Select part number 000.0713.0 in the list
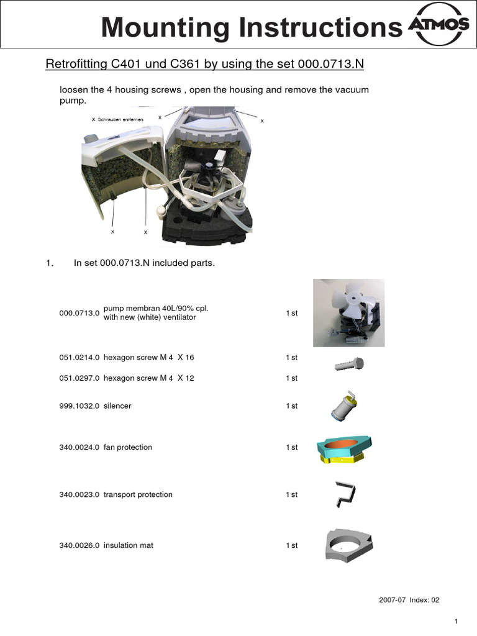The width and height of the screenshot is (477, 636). coord(79,314)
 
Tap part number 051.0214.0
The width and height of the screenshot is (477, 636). coord(79,358)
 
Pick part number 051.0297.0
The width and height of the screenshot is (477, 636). coord(79,378)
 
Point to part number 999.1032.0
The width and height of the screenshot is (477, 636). coord(79,406)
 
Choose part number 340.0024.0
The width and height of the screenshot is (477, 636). coord(79,447)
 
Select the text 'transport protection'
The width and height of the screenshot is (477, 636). coord(138,494)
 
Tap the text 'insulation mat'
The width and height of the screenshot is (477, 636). coord(129,545)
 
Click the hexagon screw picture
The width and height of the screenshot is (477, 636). coord(349,364)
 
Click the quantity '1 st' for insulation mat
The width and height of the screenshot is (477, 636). coord(291,545)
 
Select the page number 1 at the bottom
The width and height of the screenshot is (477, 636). coord(456,622)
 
